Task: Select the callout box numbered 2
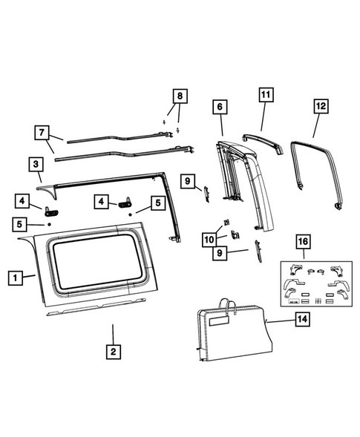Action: tap(113, 352)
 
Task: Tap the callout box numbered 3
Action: tap(35, 163)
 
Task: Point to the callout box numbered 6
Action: tap(220, 107)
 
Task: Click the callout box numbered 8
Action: tap(178, 96)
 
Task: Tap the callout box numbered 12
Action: tap(320, 106)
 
